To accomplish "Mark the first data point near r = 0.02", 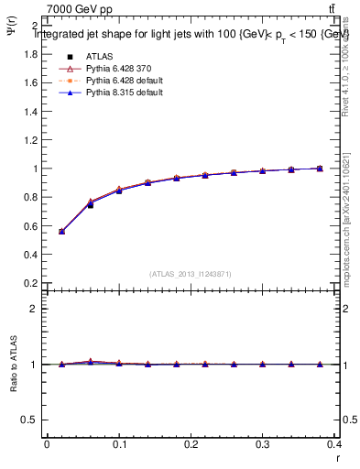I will pyautogui.click(x=61, y=232).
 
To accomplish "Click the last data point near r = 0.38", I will pyautogui.click(x=320, y=169).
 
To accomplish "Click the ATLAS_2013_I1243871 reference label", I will pyautogui.click(x=191, y=274).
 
